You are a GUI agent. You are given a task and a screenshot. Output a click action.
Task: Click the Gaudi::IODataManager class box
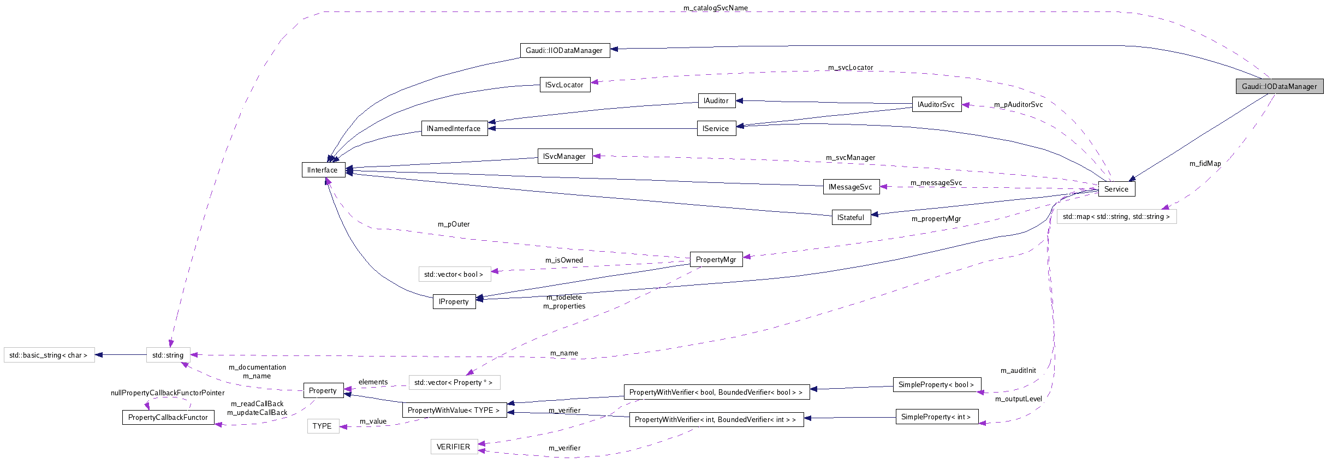tap(1279, 86)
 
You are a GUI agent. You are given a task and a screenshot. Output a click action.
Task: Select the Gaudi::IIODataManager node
tap(564, 50)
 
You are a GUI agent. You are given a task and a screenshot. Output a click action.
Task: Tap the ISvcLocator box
tap(564, 85)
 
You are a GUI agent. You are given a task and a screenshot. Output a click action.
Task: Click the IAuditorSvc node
tap(936, 104)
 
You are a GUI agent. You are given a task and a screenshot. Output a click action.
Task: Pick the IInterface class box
tap(323, 170)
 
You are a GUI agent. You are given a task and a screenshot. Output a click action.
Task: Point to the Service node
tap(1116, 189)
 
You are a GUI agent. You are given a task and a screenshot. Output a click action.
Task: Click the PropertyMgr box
tap(716, 259)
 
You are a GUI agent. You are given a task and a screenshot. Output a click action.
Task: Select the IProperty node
tap(454, 301)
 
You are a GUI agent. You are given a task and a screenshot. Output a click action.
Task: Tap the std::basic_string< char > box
tap(49, 355)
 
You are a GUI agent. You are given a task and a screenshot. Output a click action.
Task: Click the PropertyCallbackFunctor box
tap(168, 417)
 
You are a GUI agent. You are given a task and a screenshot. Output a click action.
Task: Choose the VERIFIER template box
tap(453, 447)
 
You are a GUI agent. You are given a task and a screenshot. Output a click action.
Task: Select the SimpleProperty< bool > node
tap(936, 384)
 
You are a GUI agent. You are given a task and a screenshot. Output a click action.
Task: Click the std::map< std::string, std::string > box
tap(1116, 217)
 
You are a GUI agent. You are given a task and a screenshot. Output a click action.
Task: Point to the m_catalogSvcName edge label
tap(715, 8)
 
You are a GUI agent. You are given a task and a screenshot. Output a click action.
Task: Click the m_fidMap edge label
tap(1205, 163)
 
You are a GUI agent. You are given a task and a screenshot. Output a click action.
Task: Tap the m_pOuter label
tap(453, 224)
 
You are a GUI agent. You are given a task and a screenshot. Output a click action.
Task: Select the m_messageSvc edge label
tap(936, 182)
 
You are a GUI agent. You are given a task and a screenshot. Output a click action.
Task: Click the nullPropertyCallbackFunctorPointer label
tap(167, 393)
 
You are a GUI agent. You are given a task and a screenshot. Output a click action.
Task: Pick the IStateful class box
tap(851, 217)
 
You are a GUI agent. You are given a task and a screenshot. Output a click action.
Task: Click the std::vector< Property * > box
tap(453, 382)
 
